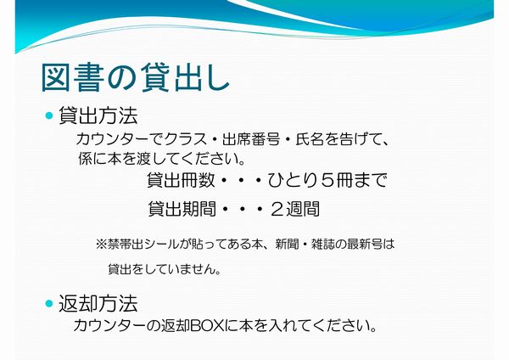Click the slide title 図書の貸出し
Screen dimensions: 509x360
(136, 77)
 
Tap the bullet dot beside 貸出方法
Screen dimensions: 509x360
(49, 115)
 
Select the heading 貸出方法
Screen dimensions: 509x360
(98, 115)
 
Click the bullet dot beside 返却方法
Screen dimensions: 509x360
(49, 303)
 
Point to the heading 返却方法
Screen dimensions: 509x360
(98, 303)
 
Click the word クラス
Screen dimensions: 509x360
(186, 139)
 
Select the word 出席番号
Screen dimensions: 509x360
(251, 139)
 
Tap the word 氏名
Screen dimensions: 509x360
(310, 139)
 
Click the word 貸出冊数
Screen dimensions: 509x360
(181, 180)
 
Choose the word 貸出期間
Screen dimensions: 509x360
(182, 209)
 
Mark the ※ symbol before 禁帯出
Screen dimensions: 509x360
(101, 244)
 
